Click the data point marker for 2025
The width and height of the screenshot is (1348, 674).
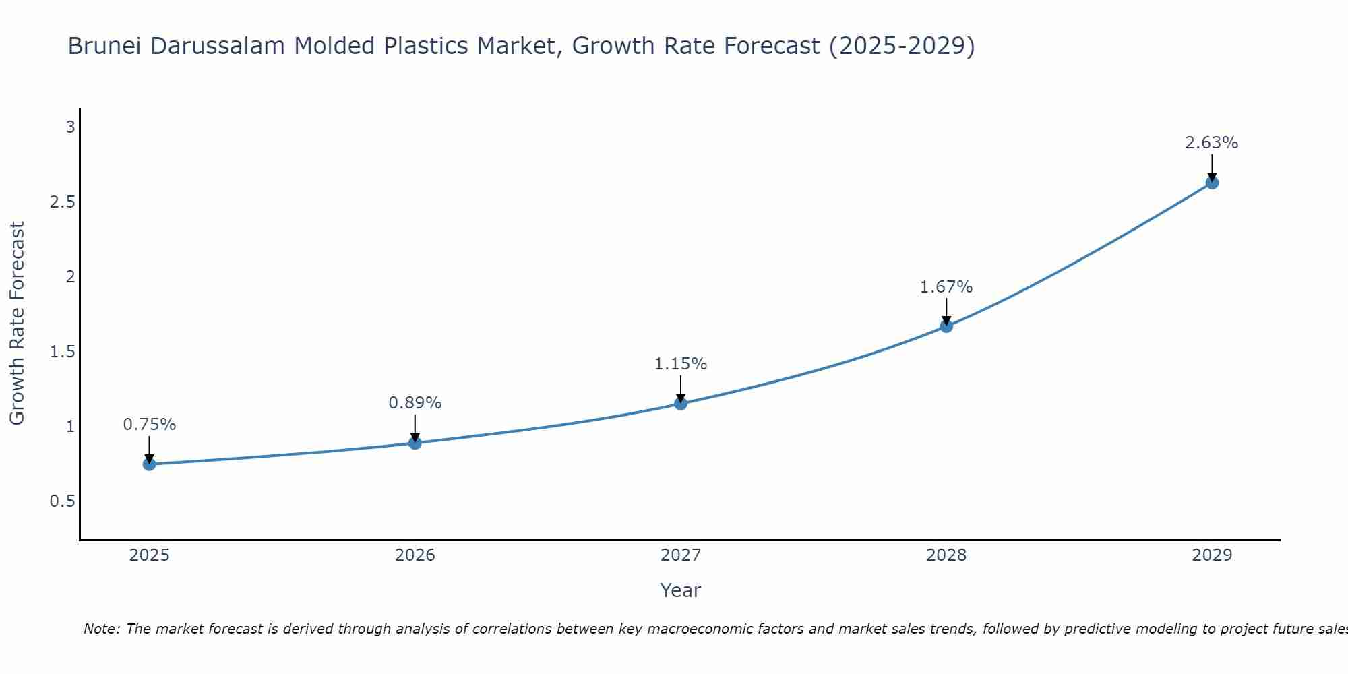click(150, 464)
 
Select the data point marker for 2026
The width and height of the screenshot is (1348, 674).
click(415, 443)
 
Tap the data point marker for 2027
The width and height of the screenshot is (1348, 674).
click(681, 404)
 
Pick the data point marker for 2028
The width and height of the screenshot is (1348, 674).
click(946, 326)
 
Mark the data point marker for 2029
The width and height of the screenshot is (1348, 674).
click(1212, 183)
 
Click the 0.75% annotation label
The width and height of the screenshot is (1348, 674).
click(150, 425)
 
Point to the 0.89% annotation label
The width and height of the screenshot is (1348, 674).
click(415, 403)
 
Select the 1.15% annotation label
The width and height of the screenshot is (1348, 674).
click(681, 364)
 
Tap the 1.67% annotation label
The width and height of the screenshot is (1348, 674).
click(946, 287)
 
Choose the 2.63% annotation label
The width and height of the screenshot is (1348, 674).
click(1212, 143)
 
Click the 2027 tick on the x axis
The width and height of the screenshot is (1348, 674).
click(681, 555)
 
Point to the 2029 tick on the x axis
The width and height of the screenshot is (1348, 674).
click(1212, 555)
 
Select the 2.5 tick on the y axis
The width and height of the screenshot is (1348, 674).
click(62, 202)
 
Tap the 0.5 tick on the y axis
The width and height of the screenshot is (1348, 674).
click(62, 501)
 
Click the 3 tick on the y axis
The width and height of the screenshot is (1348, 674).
click(70, 127)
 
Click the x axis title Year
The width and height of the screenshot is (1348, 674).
click(681, 590)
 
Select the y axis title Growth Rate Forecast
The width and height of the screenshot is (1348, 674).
click(17, 324)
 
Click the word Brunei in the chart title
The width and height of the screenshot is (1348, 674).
click(105, 47)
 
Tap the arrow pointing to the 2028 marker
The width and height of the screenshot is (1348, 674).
click(946, 311)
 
